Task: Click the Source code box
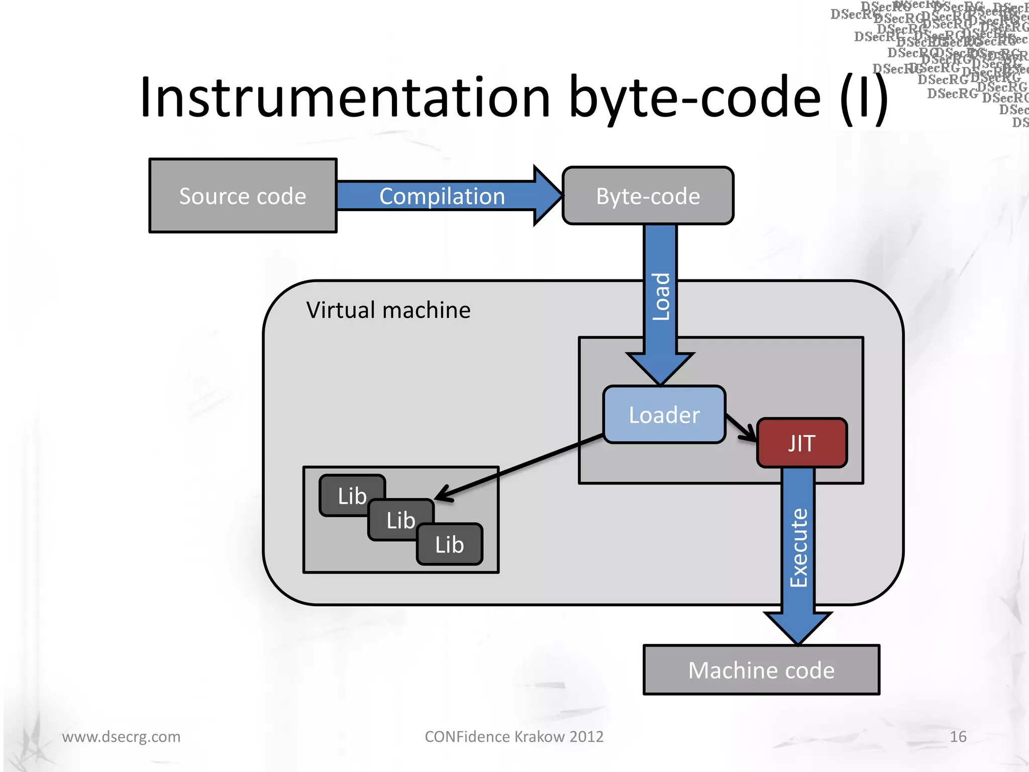pyautogui.click(x=243, y=196)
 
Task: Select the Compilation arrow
pyautogui.click(x=442, y=196)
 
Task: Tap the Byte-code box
pyautogui.click(x=648, y=196)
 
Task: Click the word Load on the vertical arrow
pyautogui.click(x=661, y=297)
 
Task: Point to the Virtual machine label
pyautogui.click(x=388, y=310)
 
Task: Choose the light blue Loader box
pyautogui.click(x=664, y=415)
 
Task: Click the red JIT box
pyautogui.click(x=801, y=443)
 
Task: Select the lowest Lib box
pyautogui.click(x=449, y=545)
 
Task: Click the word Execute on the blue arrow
pyautogui.click(x=798, y=548)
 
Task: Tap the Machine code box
pyautogui.click(x=761, y=670)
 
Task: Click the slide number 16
pyautogui.click(x=958, y=737)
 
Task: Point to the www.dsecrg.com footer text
pyautogui.click(x=121, y=737)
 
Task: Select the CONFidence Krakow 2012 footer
pyautogui.click(x=514, y=737)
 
